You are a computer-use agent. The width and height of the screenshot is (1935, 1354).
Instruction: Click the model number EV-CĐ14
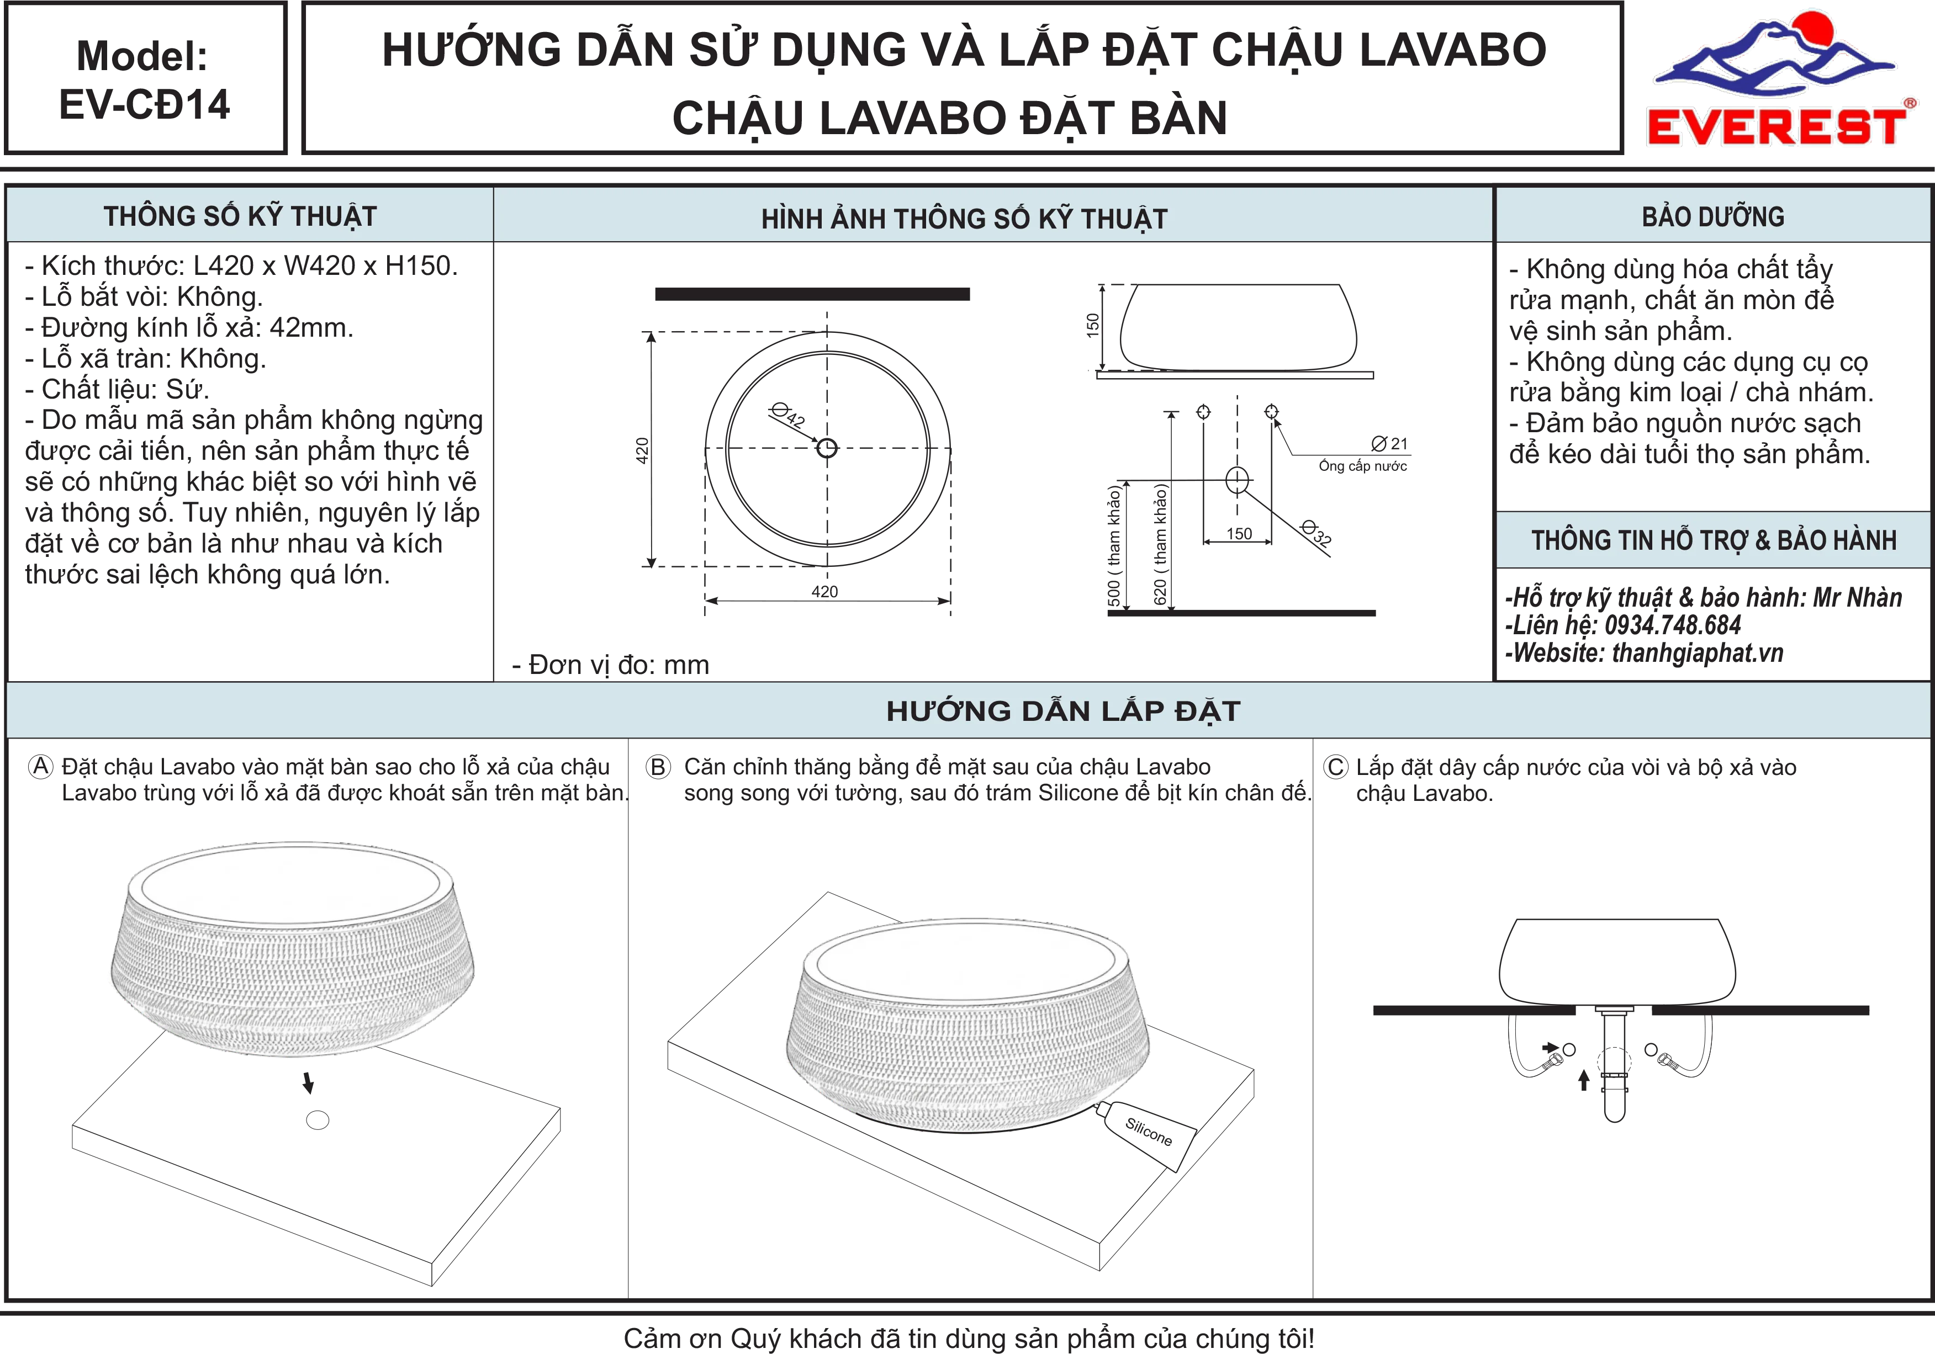click(144, 104)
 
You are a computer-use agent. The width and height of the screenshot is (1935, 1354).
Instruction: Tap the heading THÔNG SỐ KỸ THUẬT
click(240, 216)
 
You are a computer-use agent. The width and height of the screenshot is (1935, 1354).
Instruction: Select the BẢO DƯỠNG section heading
click(1712, 216)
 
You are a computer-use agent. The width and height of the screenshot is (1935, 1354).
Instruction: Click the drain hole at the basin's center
click(827, 448)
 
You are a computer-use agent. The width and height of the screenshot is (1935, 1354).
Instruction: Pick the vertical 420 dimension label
click(642, 450)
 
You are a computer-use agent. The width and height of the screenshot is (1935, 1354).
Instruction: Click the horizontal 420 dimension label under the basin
click(824, 592)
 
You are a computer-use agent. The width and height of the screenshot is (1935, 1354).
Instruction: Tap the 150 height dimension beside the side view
click(1093, 325)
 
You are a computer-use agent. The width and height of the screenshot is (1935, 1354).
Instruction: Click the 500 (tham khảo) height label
click(1113, 546)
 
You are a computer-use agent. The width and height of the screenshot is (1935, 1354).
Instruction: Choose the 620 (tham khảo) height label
click(1160, 544)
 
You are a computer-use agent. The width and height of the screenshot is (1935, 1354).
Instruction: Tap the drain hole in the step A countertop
click(318, 1120)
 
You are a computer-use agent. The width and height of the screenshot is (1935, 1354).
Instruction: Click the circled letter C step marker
click(1336, 768)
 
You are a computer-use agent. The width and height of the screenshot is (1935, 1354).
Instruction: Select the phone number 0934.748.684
click(1673, 625)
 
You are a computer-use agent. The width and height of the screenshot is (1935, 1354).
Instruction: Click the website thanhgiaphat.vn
click(1698, 653)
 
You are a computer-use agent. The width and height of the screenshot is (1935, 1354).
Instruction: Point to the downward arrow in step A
click(309, 1082)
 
